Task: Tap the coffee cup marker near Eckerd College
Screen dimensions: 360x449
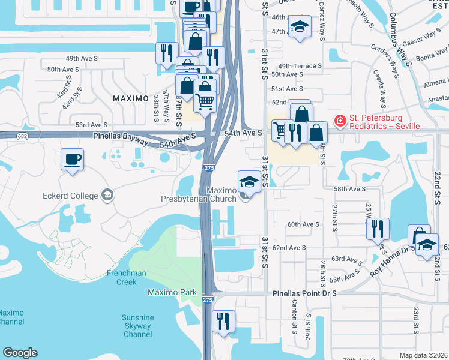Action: [72, 160]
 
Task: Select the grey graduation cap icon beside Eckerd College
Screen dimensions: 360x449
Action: [107, 194]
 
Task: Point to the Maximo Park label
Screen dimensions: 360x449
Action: [172, 292]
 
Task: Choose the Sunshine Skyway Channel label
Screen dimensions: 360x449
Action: [137, 326]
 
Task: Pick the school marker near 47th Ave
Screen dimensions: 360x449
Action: [300, 27]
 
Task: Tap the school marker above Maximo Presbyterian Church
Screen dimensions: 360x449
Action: [249, 181]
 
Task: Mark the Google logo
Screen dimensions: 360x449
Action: [20, 353]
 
